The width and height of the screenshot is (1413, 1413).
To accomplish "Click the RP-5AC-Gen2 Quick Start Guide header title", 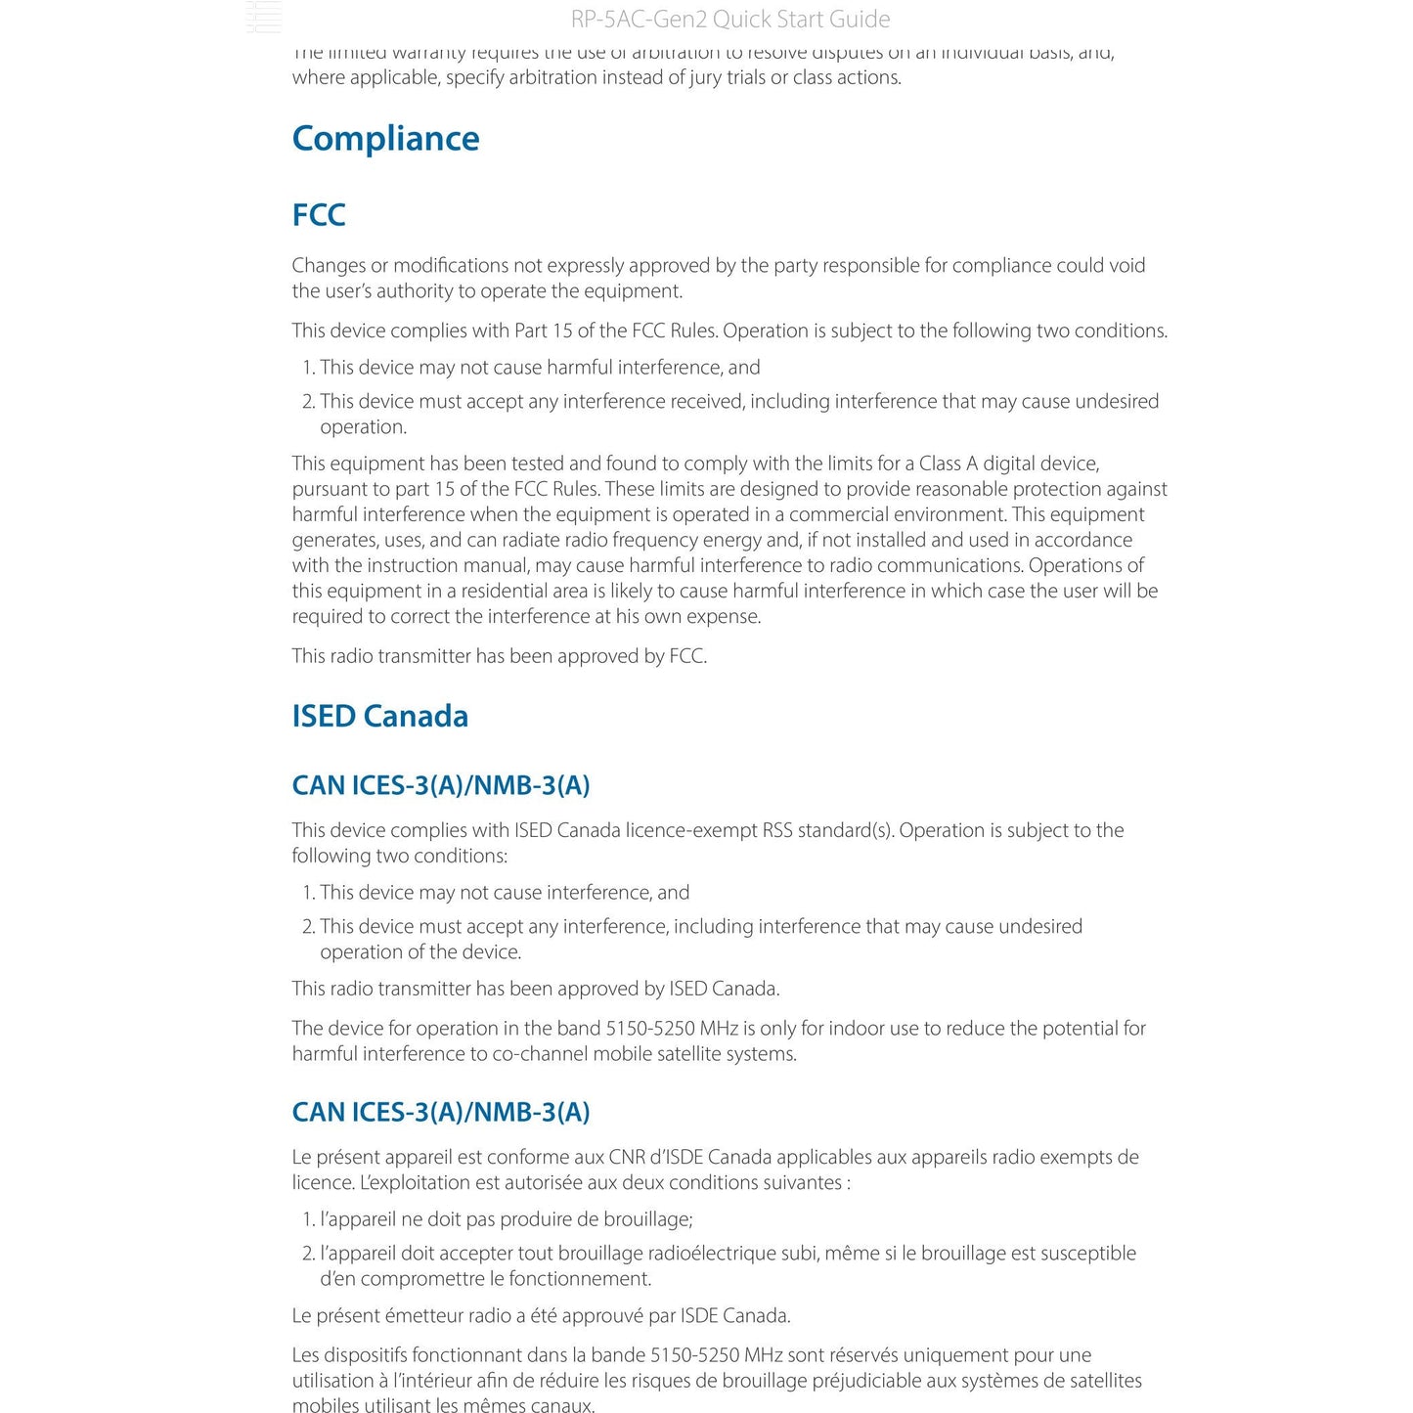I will click(729, 20).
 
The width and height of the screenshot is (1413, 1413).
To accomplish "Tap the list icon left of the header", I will click(264, 18).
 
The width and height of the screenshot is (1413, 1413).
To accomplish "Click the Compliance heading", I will click(385, 139).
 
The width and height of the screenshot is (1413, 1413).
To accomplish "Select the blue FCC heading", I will click(319, 215).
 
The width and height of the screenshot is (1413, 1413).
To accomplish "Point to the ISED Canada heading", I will click(379, 716).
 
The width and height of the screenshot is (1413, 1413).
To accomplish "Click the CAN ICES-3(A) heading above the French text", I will click(441, 1112).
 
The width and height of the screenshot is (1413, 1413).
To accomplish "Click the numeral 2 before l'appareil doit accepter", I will click(308, 1253).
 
